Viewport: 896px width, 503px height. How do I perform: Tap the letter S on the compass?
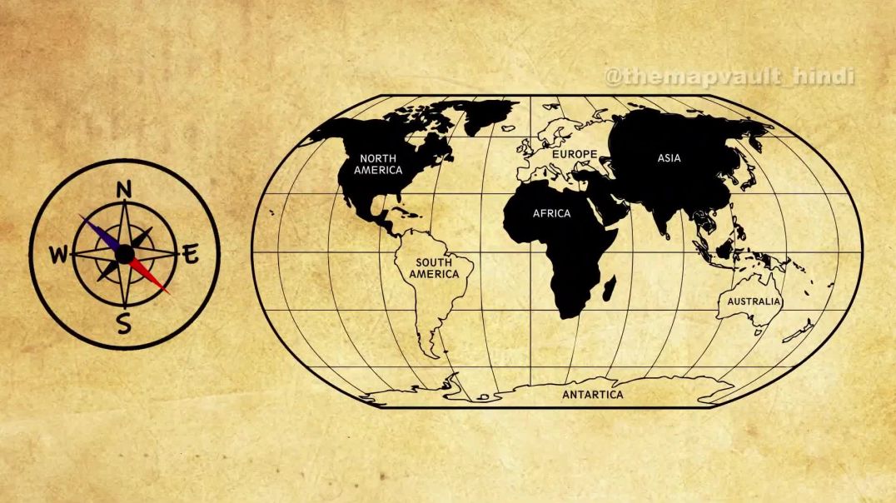124,322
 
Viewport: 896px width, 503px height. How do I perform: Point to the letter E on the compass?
191,255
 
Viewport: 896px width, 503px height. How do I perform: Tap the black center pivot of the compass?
124,254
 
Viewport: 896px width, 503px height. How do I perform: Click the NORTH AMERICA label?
377,164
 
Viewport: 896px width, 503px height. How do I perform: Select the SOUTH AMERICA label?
434,268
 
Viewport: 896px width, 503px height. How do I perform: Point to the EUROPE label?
575,154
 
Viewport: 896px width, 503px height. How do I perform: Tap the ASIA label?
669,158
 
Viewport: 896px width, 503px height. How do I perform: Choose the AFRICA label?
552,213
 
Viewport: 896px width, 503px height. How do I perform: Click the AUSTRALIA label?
754,301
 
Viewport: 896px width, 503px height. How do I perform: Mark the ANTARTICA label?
592,394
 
